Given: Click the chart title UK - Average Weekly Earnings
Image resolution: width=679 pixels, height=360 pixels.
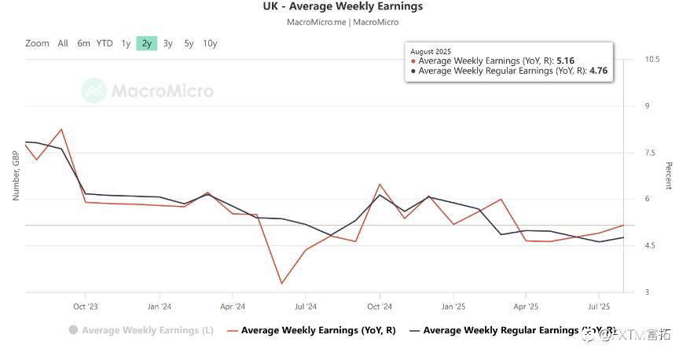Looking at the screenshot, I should tap(343, 7).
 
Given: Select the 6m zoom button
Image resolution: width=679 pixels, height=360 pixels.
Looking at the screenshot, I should tap(83, 43).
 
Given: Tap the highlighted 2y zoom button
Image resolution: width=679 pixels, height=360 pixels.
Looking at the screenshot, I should tap(147, 43).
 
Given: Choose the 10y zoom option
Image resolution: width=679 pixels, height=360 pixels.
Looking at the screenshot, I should tap(210, 43).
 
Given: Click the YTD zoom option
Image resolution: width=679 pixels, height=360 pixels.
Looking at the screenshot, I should tap(105, 43).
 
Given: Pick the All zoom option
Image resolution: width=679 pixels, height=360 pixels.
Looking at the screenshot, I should tap(63, 43).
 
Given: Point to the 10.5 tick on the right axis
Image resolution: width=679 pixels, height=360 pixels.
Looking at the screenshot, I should tap(652, 60).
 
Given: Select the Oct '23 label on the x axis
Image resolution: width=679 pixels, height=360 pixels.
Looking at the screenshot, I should tap(85, 307).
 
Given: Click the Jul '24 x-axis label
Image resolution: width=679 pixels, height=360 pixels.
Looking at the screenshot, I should tap(306, 307).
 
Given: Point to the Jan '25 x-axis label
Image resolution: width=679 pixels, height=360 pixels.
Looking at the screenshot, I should tap(453, 307).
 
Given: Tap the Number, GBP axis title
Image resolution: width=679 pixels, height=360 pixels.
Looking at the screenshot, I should tap(16, 175).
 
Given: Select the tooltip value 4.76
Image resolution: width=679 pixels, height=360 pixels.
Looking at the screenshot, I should tap(599, 71).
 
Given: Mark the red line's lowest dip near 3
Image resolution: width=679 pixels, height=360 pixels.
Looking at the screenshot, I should tap(281, 283).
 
